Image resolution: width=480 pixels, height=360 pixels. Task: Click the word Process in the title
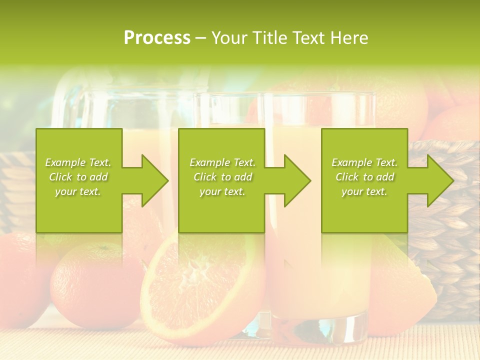pyautogui.click(x=157, y=38)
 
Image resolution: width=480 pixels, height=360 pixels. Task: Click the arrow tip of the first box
pyautogui.click(x=167, y=180)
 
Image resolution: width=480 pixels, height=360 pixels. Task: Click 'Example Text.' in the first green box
pyautogui.click(x=78, y=162)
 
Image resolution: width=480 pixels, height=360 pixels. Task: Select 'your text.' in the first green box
pyautogui.click(x=78, y=191)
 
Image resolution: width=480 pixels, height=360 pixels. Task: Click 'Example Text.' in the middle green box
pyautogui.click(x=222, y=162)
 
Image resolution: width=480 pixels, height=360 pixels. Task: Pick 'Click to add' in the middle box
pyautogui.click(x=222, y=177)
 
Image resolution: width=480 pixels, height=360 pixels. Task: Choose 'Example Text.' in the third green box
pyautogui.click(x=364, y=162)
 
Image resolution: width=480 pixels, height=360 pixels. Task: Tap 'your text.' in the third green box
pyautogui.click(x=364, y=191)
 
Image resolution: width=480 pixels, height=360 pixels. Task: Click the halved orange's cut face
pyautogui.click(x=200, y=285)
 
